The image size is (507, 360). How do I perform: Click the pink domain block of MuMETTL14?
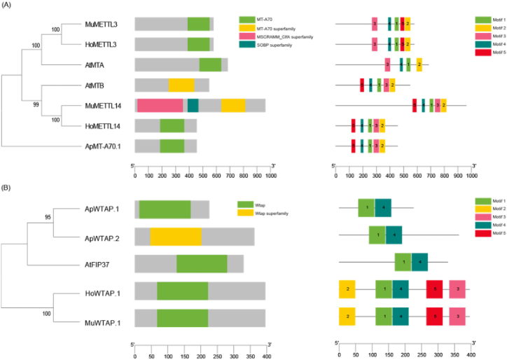(160, 105)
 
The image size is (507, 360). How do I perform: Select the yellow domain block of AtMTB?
(181, 85)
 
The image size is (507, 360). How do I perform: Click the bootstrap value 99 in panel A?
(34, 106)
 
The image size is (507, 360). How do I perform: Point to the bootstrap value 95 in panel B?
(48, 217)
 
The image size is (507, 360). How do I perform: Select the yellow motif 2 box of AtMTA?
(419, 64)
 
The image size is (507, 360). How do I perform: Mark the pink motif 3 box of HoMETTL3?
(375, 44)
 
